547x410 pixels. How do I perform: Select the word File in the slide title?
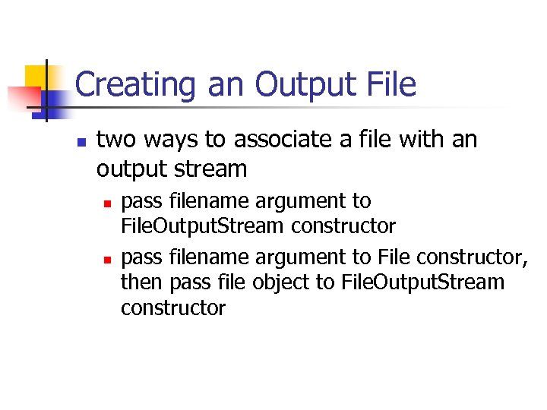(x=390, y=84)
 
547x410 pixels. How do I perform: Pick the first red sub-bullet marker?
(x=108, y=203)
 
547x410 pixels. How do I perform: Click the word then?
(x=142, y=282)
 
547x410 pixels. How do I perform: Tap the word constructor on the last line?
(x=173, y=307)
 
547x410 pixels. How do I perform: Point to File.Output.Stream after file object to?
(x=423, y=282)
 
